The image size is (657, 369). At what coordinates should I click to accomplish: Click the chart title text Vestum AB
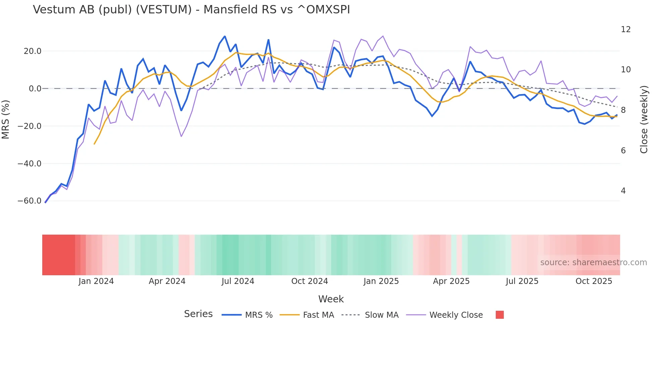point(191,10)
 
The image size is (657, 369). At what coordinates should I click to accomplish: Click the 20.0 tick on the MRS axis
point(33,51)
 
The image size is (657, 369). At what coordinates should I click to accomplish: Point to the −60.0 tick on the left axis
point(29,201)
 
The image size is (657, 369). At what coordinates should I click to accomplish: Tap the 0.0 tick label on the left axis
point(35,89)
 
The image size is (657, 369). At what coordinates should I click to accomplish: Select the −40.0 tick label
point(29,164)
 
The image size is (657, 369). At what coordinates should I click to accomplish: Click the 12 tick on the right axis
point(625,29)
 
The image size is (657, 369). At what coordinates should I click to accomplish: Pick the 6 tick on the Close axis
point(623,151)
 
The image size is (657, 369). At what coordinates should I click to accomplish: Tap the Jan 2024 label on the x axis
point(96,281)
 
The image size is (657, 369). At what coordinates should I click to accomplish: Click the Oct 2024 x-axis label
point(309,281)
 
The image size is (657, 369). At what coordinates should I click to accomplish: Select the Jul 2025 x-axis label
point(522,281)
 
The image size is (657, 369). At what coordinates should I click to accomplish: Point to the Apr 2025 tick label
point(451,281)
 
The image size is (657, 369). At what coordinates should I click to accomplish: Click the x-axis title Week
point(331,299)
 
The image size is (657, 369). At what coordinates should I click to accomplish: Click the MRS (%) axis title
point(6,120)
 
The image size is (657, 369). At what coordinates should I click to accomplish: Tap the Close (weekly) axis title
point(644,120)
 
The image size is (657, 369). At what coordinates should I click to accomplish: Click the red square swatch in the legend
point(499,315)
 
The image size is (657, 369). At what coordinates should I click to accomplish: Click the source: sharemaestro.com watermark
point(593,263)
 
